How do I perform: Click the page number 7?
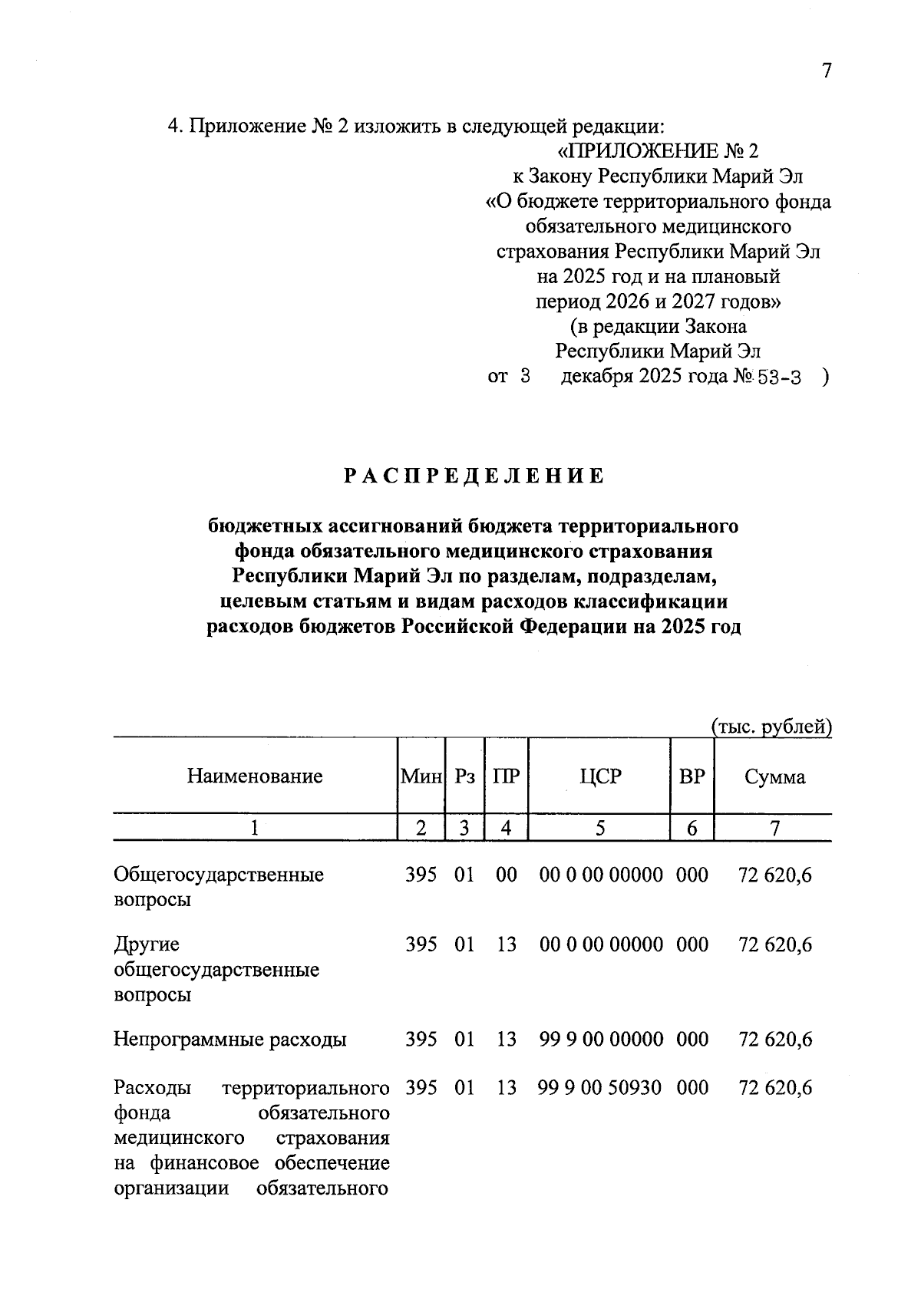(826, 71)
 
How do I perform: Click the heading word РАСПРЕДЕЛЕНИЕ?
(474, 476)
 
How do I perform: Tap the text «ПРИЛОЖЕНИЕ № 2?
(658, 150)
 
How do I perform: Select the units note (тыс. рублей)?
(771, 726)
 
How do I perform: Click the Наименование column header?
(254, 776)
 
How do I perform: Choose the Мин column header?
(421, 776)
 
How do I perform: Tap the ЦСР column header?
(600, 776)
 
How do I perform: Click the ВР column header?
(692, 776)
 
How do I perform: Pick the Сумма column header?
(774, 777)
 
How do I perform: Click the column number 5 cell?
(600, 829)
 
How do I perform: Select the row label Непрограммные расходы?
(230, 1040)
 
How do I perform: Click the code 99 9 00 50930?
(600, 1087)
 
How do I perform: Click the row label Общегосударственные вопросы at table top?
(219, 886)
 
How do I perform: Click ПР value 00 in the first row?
(507, 875)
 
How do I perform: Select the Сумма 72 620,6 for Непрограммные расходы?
(774, 1040)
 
